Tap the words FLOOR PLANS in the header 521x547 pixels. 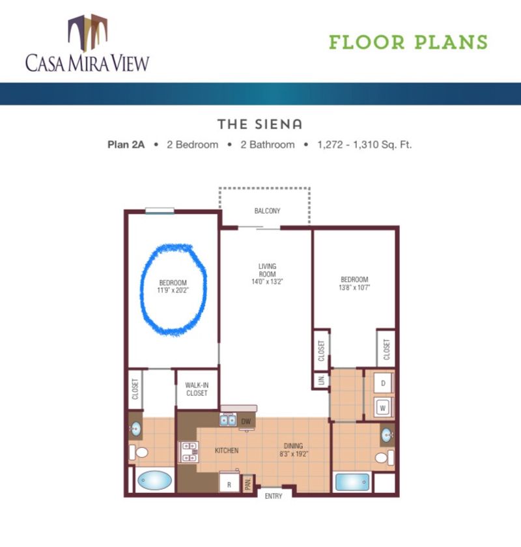[408, 42]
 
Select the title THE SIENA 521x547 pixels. [260, 124]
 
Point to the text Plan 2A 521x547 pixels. [124, 145]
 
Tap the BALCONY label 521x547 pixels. [267, 211]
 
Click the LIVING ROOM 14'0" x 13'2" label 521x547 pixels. [267, 273]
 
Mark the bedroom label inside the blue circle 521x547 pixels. [173, 287]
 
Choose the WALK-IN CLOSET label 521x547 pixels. [196, 389]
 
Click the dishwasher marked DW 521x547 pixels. [246, 421]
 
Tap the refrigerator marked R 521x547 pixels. [229, 484]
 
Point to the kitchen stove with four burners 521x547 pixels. [189, 451]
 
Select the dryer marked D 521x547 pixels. [383, 384]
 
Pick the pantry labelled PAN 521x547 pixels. [248, 484]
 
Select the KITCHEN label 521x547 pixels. [227, 451]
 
